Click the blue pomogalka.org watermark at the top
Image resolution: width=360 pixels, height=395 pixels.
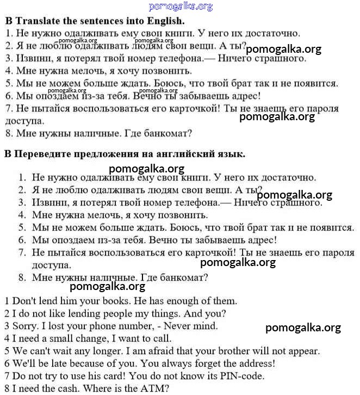click(180, 7)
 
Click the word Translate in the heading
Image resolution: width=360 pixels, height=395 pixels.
click(38, 21)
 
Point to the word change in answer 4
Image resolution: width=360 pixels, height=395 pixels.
click(71, 339)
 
